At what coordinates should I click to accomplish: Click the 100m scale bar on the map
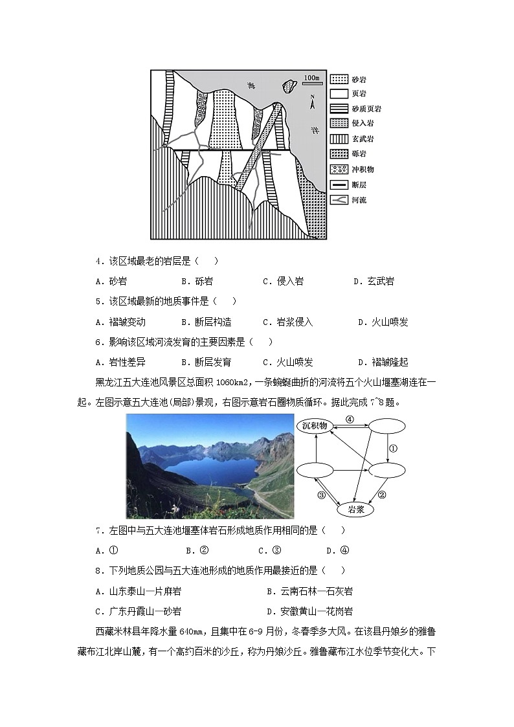tap(313, 80)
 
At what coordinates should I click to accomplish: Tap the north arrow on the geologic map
tap(311, 102)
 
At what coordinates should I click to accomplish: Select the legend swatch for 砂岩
tap(339, 80)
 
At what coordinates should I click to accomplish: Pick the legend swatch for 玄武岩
tap(339, 139)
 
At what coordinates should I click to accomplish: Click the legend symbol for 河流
tap(339, 200)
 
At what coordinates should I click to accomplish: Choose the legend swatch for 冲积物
tap(339, 170)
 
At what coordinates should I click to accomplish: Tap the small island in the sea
tap(289, 85)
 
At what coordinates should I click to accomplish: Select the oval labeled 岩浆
tap(357, 509)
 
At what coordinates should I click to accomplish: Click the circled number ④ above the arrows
tap(350, 419)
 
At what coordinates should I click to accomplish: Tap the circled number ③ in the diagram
tap(322, 496)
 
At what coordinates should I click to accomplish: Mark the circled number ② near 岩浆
tap(382, 495)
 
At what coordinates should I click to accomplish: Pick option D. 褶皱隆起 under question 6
tap(383, 362)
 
